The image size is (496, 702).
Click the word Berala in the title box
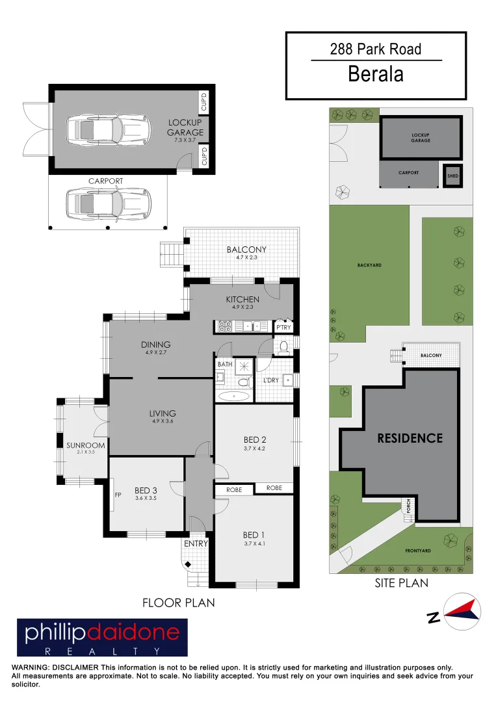pos(376,73)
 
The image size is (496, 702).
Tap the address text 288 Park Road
pos(376,49)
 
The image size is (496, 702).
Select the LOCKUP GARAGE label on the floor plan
pos(185,127)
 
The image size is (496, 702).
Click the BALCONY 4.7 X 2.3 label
pos(246,253)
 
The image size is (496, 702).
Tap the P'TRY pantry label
pos(283,328)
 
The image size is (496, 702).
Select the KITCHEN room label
pos(242,300)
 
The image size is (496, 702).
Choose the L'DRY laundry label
pos(271,379)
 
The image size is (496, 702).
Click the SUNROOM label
pos(81,445)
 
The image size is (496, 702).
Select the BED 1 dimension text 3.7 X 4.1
pos(254,543)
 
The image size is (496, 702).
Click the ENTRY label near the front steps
pos(196,543)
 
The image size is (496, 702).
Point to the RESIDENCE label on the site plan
pos(410,438)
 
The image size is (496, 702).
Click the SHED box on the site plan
pos(452,175)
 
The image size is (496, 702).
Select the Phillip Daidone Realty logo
pos(102,637)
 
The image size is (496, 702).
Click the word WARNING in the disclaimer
pos(29,668)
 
